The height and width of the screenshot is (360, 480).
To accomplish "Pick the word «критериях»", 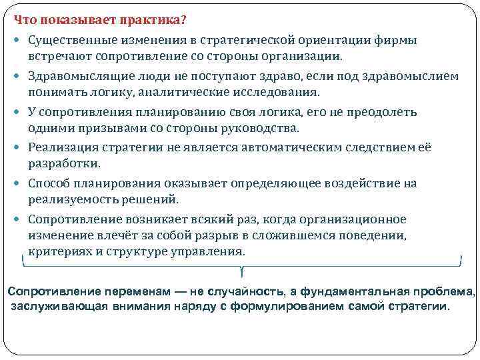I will coord(58,251).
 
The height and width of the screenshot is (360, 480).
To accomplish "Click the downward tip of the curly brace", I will coord(241,273).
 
